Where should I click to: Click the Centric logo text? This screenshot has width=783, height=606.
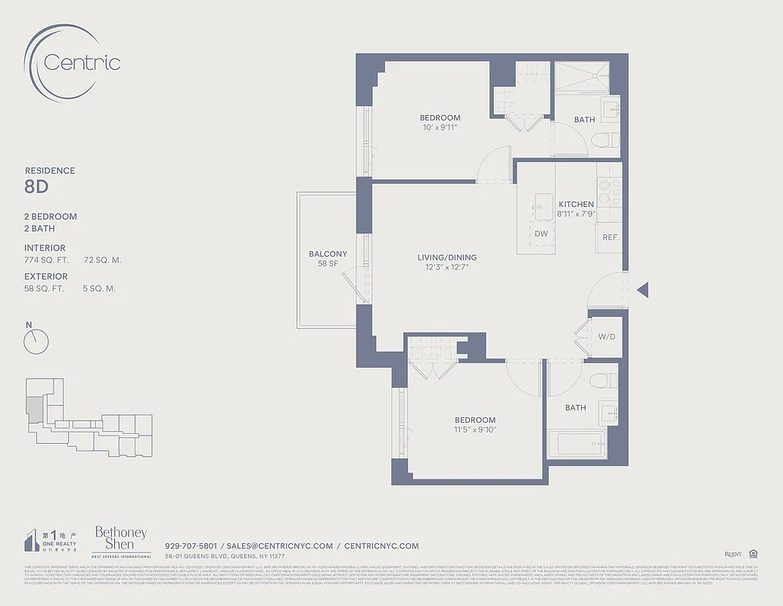pyautogui.click(x=82, y=62)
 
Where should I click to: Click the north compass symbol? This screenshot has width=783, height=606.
pyautogui.click(x=36, y=342)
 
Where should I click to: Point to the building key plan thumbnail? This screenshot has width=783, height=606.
pyautogui.click(x=88, y=417)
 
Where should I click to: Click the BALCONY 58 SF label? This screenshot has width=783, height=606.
pyautogui.click(x=328, y=258)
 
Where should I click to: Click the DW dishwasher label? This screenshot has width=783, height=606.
pyautogui.click(x=541, y=234)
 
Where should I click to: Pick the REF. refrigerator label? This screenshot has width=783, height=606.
pyautogui.click(x=611, y=237)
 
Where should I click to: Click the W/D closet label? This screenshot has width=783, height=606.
pyautogui.click(x=606, y=336)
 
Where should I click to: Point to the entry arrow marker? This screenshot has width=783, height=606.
pyautogui.click(x=643, y=289)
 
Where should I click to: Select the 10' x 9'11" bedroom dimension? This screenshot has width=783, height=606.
pyautogui.click(x=440, y=127)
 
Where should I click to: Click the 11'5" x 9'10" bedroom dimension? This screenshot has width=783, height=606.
pyautogui.click(x=475, y=430)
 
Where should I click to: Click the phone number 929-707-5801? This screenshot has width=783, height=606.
pyautogui.click(x=191, y=545)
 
